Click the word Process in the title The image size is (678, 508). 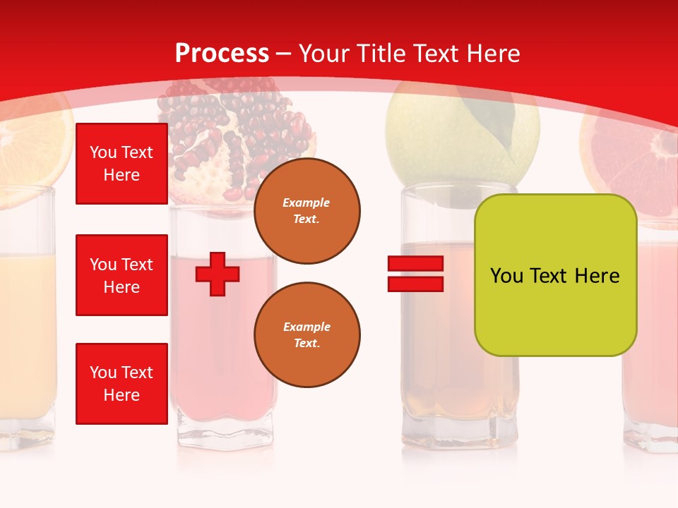click(x=222, y=54)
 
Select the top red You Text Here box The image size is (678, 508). click(x=121, y=164)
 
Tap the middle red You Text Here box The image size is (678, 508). click(x=121, y=275)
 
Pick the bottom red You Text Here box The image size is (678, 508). click(x=121, y=384)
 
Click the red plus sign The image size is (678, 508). click(x=218, y=274)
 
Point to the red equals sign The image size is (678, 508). click(x=415, y=274)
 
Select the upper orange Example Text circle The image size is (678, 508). click(x=307, y=211)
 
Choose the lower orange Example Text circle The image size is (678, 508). click(x=307, y=334)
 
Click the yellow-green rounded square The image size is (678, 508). click(x=555, y=275)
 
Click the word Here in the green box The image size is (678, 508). click(x=597, y=276)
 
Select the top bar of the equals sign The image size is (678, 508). click(x=415, y=264)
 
